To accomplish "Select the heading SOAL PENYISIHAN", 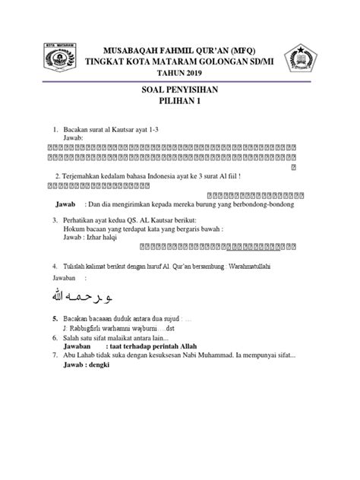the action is coord(179,90).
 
